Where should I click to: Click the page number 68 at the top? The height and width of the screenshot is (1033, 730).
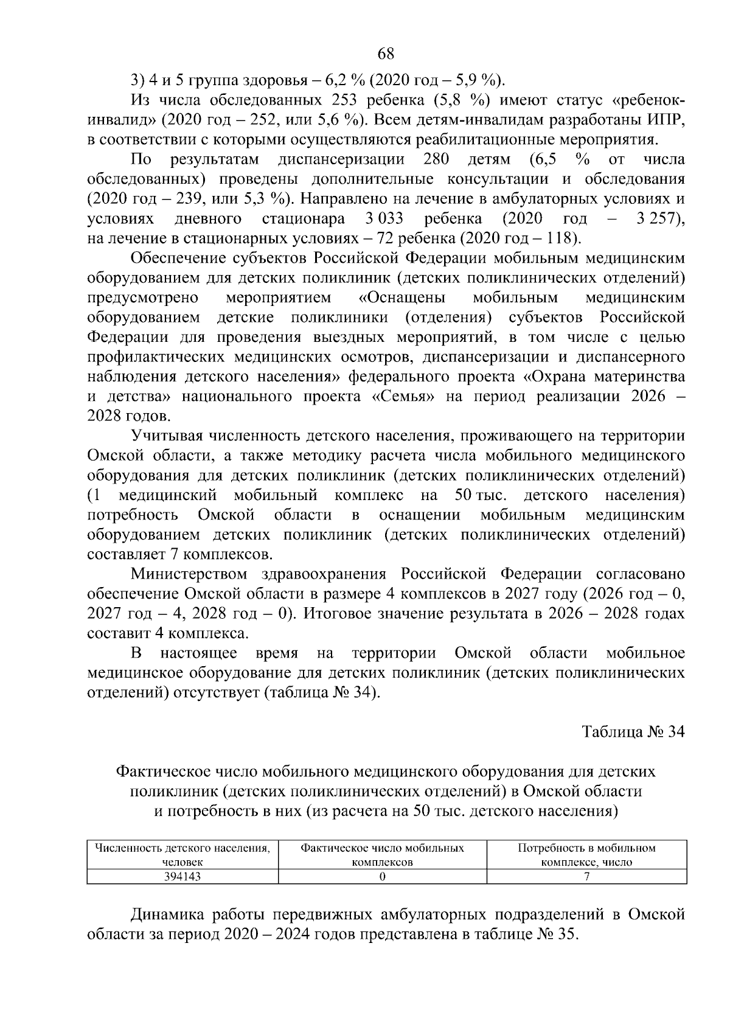(x=386, y=54)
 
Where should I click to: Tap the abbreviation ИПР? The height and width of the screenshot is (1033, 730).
(x=666, y=120)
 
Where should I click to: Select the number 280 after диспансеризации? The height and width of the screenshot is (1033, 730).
(x=436, y=159)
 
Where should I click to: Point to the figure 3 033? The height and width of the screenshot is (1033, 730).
(x=383, y=218)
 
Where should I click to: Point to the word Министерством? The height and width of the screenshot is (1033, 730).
(x=189, y=574)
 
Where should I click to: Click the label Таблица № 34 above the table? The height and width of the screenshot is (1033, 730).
(x=633, y=732)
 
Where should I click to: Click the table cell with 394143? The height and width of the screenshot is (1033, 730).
(x=182, y=877)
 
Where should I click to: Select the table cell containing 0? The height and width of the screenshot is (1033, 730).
(x=382, y=877)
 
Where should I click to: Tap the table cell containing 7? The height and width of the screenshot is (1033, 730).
(x=586, y=877)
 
